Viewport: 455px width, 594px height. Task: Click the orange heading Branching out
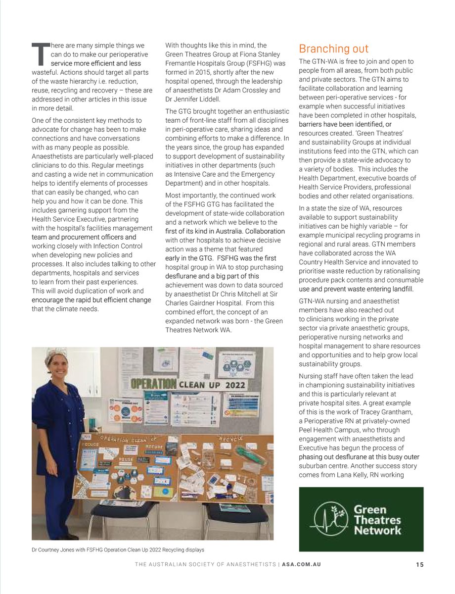coord(334,49)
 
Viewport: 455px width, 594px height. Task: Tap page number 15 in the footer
coord(419,565)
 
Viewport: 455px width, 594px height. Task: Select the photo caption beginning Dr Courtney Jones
coord(118,549)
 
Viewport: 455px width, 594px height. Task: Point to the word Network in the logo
coord(377,530)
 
